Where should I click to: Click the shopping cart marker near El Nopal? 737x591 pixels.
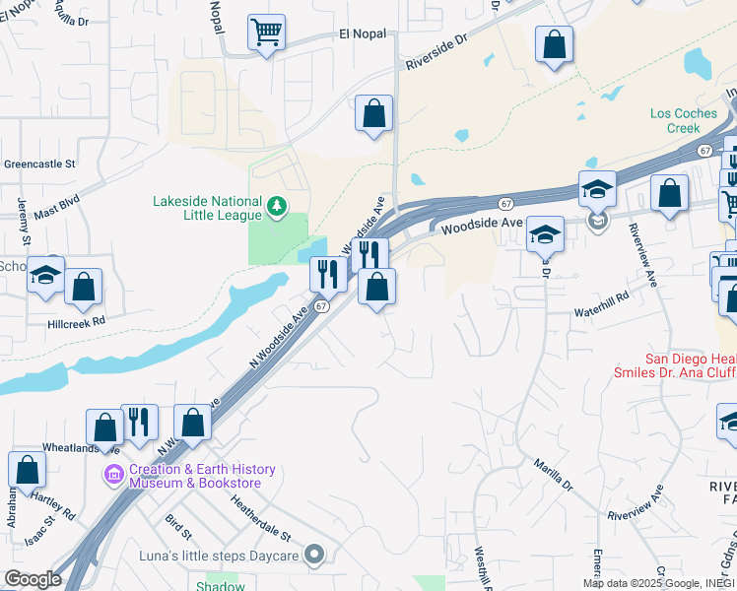point(266,33)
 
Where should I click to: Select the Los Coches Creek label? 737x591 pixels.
point(684,120)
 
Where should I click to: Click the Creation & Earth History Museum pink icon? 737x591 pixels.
point(114,477)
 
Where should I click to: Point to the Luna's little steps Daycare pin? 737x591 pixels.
point(314,555)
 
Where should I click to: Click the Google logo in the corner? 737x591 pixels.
point(33,579)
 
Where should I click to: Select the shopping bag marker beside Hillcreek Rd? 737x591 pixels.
point(84,287)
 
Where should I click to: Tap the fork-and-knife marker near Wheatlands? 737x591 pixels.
point(140,422)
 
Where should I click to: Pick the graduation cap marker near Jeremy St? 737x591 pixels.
point(45,275)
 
